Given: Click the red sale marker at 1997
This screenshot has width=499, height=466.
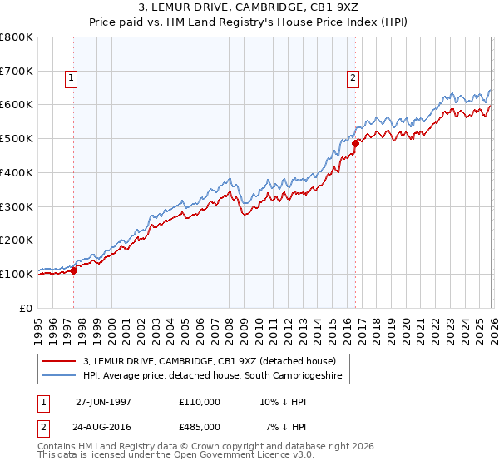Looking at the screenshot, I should [73, 270].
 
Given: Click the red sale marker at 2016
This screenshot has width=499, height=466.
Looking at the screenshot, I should [355, 143].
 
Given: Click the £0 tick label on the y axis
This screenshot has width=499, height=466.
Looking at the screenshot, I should [26, 308].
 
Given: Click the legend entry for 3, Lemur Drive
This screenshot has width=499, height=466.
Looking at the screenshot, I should [209, 361].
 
